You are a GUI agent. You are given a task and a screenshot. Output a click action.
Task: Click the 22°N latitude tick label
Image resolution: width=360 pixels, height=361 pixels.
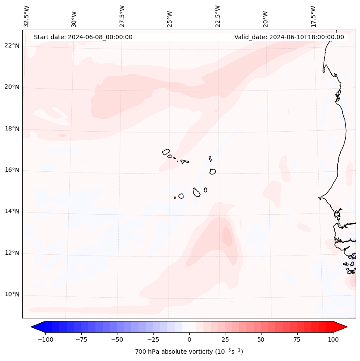click(12, 46)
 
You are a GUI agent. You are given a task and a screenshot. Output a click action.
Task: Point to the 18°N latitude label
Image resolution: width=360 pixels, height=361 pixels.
click(12, 129)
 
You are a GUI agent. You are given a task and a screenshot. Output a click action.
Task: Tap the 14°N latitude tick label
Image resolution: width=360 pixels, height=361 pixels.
click(12, 211)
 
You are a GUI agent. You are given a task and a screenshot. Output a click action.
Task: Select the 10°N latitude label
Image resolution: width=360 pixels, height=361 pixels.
click(12, 294)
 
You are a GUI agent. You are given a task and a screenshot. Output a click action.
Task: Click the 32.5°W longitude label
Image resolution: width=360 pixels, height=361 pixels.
click(27, 16)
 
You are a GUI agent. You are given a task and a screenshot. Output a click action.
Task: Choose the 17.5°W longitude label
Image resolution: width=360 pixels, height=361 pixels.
click(314, 16)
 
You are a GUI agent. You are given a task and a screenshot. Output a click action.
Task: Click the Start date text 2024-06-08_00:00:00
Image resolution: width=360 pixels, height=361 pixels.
click(83, 37)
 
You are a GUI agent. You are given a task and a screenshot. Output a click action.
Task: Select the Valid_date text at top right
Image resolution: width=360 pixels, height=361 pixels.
click(289, 37)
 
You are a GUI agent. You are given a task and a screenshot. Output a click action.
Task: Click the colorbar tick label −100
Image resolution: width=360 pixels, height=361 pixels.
click(45, 339)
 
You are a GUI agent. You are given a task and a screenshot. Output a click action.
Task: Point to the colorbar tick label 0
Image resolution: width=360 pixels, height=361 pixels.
click(189, 339)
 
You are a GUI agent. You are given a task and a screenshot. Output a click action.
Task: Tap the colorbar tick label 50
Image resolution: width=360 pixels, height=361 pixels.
click(261, 339)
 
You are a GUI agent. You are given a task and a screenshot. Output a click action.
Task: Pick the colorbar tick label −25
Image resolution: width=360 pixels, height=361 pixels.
click(153, 339)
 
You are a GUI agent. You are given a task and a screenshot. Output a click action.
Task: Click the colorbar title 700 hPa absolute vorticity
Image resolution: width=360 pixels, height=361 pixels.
click(189, 352)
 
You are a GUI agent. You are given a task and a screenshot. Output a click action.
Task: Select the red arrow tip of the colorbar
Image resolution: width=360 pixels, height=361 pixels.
click(345, 327)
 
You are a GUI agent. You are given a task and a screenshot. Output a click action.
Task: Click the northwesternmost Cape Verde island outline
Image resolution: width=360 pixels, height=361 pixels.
click(166, 151)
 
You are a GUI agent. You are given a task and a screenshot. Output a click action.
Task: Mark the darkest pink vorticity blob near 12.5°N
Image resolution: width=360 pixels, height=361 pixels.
click(227, 236)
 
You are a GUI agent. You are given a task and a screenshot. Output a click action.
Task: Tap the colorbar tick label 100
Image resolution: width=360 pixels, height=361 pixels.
click(333, 339)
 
